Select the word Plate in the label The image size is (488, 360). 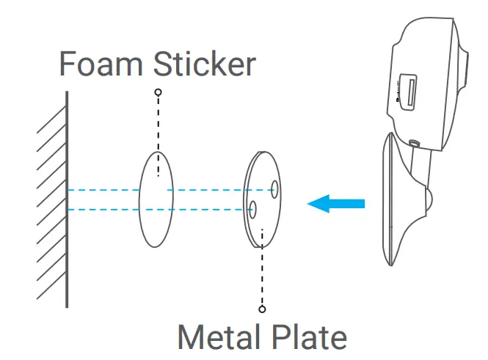[310, 337]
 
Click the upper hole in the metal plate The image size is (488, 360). [273, 190]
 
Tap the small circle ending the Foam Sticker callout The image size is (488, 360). [158, 92]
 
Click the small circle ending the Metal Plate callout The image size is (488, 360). [262, 309]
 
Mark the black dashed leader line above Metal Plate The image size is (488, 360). [262, 271]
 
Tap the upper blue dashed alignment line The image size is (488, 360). [103, 190]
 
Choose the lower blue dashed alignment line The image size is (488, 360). [103, 210]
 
